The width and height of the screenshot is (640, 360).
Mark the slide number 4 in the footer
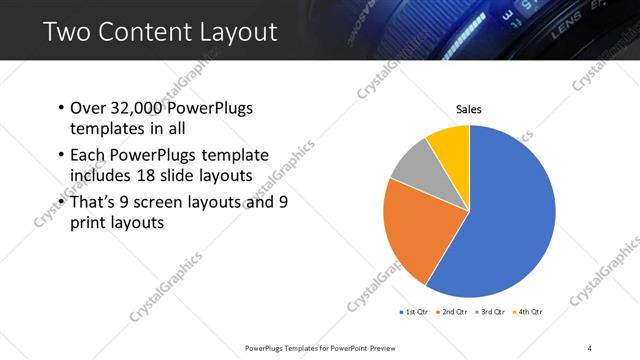[x=590, y=347]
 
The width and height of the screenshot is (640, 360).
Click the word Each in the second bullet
[x=88, y=156]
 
